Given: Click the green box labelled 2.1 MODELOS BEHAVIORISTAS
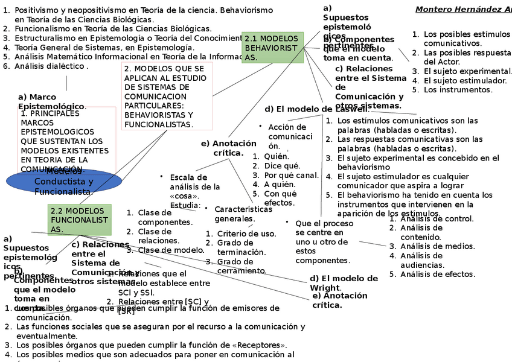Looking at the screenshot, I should point(272,48).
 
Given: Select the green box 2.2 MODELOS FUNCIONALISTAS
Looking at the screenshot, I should point(80,220).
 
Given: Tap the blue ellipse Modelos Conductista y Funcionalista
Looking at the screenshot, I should point(64,181).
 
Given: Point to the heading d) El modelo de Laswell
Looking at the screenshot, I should point(316,109).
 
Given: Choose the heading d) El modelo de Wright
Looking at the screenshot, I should point(344,282).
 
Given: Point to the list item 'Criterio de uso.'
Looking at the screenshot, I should point(246,233).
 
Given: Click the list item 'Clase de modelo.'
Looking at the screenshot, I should point(171,250).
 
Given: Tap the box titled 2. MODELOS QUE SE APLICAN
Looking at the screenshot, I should point(167,97).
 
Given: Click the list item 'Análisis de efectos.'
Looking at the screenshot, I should point(437,274).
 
